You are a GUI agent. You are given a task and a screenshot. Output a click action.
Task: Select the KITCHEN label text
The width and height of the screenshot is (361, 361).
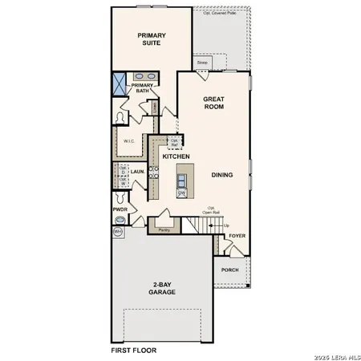pos(176,156)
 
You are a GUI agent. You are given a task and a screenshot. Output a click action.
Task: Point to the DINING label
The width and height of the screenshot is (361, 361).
pos(222,174)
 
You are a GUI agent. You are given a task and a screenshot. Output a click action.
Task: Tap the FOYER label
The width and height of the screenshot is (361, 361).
pos(237,237)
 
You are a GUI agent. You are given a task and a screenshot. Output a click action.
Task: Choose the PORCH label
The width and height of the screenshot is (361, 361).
pos(229,270)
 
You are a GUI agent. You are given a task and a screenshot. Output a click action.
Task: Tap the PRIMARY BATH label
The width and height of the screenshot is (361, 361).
pos(142,87)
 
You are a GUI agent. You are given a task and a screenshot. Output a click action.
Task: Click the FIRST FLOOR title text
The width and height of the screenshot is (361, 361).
pos(133,351)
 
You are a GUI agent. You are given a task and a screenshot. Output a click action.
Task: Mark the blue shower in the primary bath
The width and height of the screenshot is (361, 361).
pos(120,83)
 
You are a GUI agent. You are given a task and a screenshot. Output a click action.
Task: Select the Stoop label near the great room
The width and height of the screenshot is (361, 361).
pos(203,62)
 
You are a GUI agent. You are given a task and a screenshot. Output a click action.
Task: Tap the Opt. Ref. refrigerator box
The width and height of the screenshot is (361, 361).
pos(174,141)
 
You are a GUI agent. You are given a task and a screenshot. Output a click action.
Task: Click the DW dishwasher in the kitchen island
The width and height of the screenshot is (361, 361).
pos(182,193)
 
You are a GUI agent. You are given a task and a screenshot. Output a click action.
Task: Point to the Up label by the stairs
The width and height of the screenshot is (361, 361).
pos(226,225)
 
